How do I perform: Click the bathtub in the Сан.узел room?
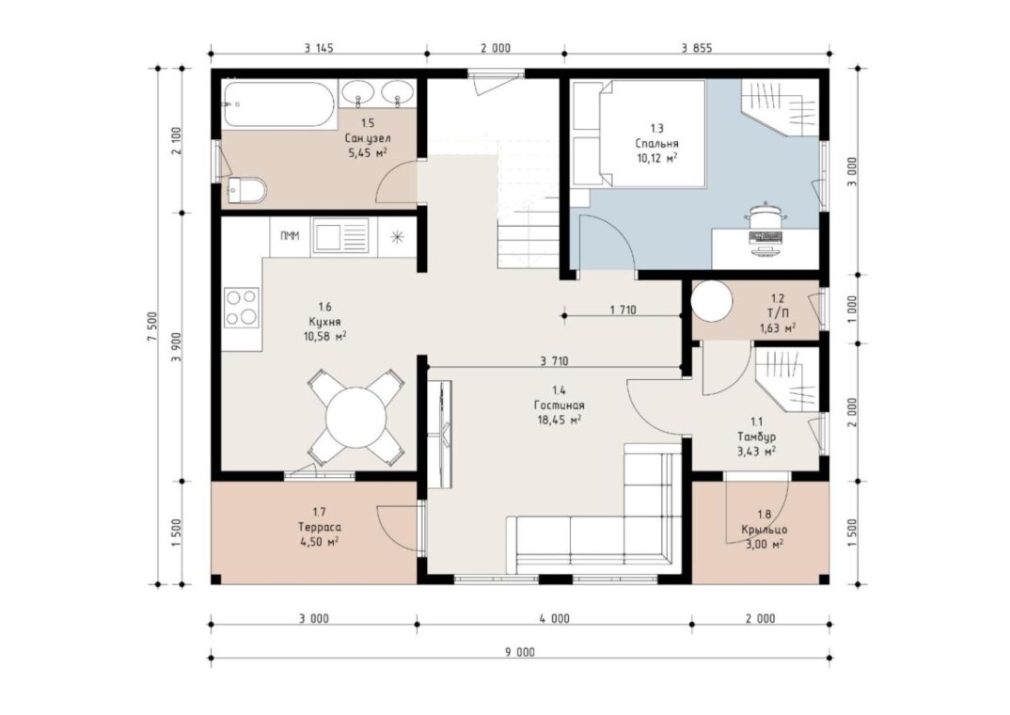pyautogui.click(x=278, y=104)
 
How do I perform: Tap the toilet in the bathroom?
pyautogui.click(x=245, y=190)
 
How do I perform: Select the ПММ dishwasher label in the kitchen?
pyautogui.click(x=290, y=236)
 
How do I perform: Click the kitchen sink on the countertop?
pyautogui.click(x=340, y=236)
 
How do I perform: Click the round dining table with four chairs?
pyautogui.click(x=355, y=417)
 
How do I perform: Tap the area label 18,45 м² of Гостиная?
pyautogui.click(x=560, y=420)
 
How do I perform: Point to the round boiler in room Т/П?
pyautogui.click(x=712, y=301)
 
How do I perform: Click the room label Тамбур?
pyautogui.click(x=756, y=437)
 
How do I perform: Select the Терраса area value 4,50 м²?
pyautogui.click(x=320, y=542)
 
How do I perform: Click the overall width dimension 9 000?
pyautogui.click(x=520, y=652)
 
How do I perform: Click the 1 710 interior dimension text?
pyautogui.click(x=623, y=310)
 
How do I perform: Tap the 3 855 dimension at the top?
pyautogui.click(x=697, y=48)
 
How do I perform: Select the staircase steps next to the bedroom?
pyautogui.click(x=528, y=213)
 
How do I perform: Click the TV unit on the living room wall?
pyautogui.click(x=440, y=434)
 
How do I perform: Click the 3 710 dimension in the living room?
pyautogui.click(x=555, y=361)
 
